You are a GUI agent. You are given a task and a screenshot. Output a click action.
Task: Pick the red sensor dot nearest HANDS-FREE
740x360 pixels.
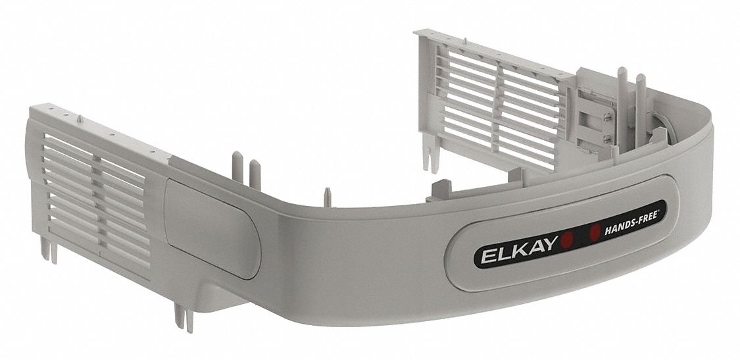[x=595, y=230]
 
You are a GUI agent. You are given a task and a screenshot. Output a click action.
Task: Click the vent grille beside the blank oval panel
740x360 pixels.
[x=95, y=191]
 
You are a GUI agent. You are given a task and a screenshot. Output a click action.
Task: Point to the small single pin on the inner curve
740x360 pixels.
[x=326, y=196]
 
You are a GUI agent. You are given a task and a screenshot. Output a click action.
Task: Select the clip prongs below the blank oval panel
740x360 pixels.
[x=184, y=317]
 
